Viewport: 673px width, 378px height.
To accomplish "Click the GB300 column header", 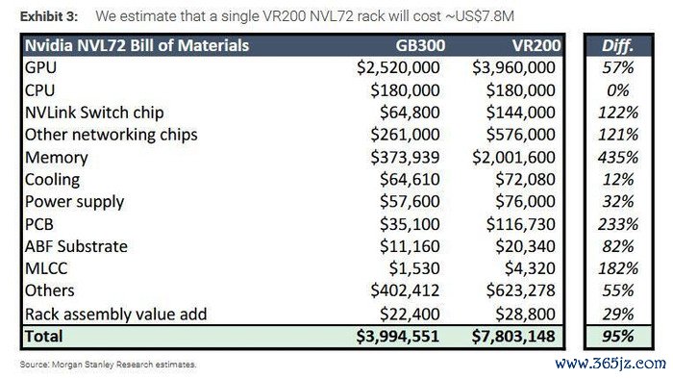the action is point(420,45).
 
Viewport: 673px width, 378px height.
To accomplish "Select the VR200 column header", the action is point(536,45).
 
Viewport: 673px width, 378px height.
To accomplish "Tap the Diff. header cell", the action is point(617,45).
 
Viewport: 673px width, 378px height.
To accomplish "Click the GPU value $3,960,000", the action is point(513,68).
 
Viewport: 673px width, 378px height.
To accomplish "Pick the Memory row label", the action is point(56,157).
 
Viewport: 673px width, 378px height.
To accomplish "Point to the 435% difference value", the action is point(618,157).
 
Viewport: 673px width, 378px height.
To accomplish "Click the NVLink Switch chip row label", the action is point(94,113).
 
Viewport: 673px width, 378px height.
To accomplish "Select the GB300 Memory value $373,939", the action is point(405,157).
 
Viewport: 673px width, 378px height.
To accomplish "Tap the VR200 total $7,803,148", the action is point(513,337).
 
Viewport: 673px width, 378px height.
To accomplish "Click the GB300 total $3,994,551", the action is point(397,337).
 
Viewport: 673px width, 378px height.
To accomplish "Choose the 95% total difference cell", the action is point(618,337).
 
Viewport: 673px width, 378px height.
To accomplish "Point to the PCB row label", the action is point(39,224).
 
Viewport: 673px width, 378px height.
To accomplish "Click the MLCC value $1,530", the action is point(414,268).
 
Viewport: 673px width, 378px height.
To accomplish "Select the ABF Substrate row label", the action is point(76,246).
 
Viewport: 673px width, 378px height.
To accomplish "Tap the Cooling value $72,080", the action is point(525,180).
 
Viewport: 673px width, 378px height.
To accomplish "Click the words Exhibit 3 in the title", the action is point(49,16).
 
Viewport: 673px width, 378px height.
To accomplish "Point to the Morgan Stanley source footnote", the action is point(108,365).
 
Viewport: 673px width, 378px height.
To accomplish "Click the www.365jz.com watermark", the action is point(611,364).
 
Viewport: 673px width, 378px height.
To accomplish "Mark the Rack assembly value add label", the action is point(116,314).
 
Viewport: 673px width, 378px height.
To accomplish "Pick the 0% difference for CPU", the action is point(618,90).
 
